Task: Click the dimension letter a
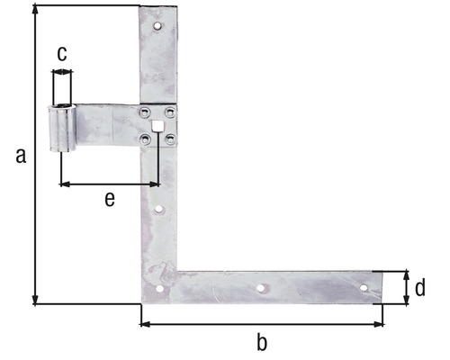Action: [x=20, y=155]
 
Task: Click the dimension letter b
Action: [x=262, y=342]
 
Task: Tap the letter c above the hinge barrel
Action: [x=61, y=54]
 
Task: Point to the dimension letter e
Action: [x=109, y=200]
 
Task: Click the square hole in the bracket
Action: [x=157, y=125]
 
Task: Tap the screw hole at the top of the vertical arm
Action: [x=157, y=27]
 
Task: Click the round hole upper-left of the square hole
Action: [x=144, y=112]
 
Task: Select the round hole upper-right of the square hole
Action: [x=170, y=112]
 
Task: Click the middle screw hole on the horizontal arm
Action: [x=260, y=289]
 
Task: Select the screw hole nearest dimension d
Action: [x=364, y=289]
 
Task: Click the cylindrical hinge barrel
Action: [x=62, y=131]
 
